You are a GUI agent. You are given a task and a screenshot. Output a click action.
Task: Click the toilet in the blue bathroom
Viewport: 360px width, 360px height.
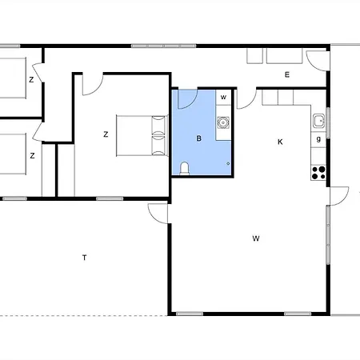(x=184, y=169)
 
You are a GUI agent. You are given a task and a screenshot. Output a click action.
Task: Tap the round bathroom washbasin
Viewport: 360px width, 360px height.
(x=223, y=122)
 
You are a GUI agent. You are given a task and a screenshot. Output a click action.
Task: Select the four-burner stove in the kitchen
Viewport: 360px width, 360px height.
(x=318, y=173)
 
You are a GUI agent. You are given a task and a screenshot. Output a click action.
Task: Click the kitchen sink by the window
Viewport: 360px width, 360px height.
(x=318, y=121)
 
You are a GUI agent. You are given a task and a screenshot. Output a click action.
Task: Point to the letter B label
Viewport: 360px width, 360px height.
(x=198, y=138)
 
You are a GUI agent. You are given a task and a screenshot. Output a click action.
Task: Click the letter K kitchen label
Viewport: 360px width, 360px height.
(x=280, y=142)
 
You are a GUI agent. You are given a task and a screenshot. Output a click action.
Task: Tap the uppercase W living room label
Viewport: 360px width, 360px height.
(x=256, y=238)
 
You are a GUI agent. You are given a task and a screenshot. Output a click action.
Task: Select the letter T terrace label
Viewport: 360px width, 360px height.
(x=85, y=258)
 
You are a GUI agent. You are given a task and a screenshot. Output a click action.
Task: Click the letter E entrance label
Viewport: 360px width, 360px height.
(x=287, y=74)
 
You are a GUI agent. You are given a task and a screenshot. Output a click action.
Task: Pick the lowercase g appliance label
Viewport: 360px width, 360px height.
(x=318, y=139)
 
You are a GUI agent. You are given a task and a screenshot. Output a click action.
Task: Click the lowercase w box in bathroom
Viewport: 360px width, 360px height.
(x=223, y=97)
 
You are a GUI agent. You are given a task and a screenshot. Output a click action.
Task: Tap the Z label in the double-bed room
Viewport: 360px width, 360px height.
(x=106, y=134)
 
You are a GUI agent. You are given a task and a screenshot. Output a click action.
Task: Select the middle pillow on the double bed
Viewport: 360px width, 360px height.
(x=158, y=135)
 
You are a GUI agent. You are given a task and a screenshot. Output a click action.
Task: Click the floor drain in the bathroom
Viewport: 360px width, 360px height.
(x=228, y=163)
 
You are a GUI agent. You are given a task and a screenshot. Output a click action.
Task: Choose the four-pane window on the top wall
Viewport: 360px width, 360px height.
(x=164, y=46)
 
